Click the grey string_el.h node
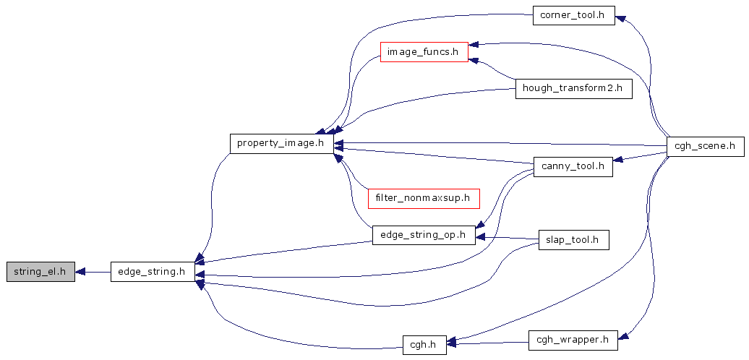(40, 272)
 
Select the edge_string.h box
(153, 272)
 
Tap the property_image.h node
(281, 143)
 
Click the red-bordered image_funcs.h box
(424, 51)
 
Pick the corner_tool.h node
(573, 15)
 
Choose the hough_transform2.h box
(573, 89)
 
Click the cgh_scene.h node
(705, 145)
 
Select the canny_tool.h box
(573, 166)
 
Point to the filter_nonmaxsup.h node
(424, 197)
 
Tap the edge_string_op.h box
(424, 235)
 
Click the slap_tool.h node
(573, 240)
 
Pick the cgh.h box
(424, 344)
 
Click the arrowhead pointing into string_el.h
(80, 272)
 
